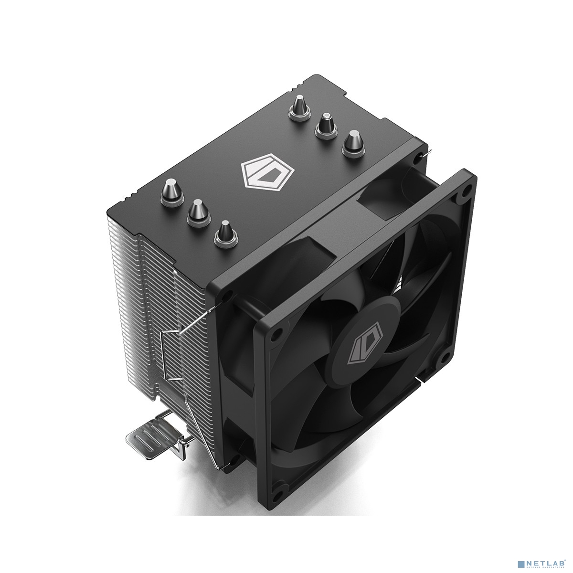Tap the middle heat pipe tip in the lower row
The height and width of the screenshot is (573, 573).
pyautogui.click(x=196, y=209)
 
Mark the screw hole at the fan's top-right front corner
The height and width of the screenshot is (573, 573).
pyautogui.click(x=462, y=194)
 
